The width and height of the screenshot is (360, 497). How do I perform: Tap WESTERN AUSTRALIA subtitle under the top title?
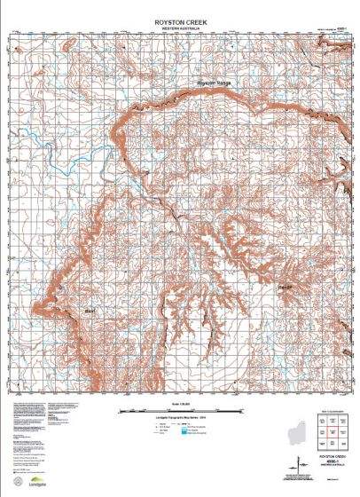180,22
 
